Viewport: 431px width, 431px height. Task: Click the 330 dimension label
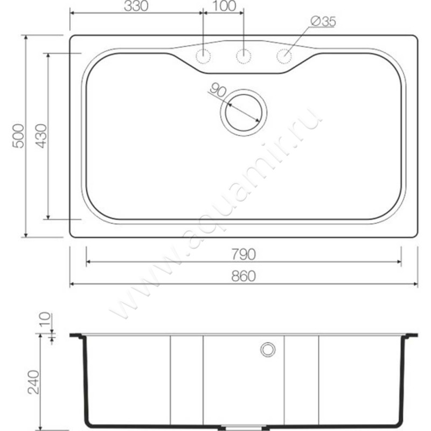pos(136,6)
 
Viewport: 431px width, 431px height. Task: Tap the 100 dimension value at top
pos(224,6)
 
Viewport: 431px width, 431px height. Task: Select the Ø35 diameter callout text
pos(323,22)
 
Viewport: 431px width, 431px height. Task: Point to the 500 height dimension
pos(18,136)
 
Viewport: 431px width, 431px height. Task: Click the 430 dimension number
pos(41,136)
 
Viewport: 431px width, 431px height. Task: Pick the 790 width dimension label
pos(244,254)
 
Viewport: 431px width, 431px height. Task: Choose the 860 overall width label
pos(244,276)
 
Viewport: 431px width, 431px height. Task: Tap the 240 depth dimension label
pos(33,382)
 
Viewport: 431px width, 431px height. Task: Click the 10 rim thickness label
pos(45,319)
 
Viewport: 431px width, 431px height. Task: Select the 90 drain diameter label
pos(218,91)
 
